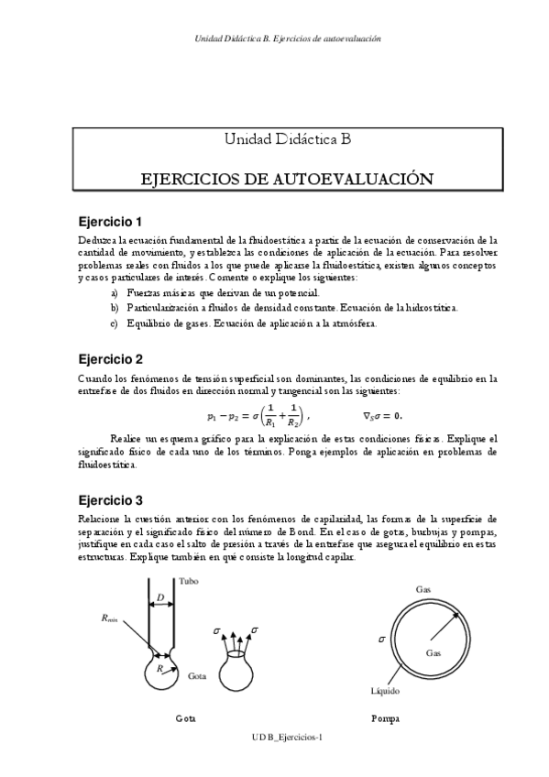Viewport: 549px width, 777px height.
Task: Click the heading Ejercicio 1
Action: coord(110,222)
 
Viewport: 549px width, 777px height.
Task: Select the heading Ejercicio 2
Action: coord(110,358)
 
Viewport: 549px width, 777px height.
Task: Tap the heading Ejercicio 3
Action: coord(110,500)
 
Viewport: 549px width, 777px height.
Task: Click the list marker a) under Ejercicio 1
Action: coord(114,292)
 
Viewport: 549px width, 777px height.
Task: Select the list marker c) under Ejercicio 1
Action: coord(114,323)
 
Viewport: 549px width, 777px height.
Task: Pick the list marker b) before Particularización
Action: coord(114,308)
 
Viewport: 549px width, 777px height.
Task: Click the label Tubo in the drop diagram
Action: coord(188,581)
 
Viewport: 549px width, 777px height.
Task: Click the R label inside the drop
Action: coord(161,670)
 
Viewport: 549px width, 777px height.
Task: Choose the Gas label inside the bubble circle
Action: coord(434,652)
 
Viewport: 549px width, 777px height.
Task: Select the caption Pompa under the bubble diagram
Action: coord(385,718)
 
